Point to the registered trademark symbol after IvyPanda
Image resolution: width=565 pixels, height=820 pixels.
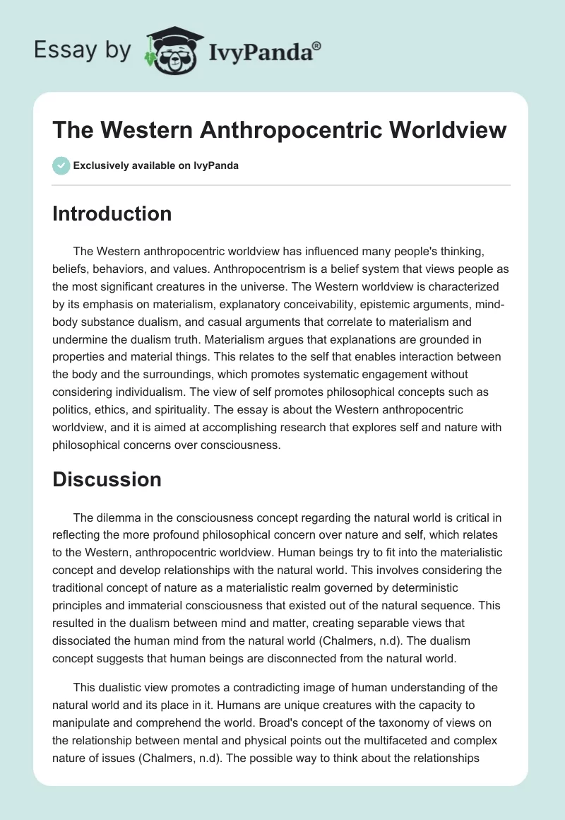pos(317,45)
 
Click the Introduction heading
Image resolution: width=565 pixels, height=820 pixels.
pos(112,213)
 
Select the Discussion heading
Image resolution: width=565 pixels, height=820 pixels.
pos(107,479)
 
